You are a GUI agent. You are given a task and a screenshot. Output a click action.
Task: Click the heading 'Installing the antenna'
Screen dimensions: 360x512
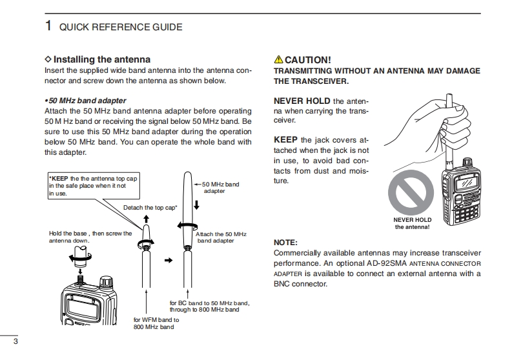[x=102, y=59]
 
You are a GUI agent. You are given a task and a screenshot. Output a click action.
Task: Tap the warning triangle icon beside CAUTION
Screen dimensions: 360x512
[x=278, y=60]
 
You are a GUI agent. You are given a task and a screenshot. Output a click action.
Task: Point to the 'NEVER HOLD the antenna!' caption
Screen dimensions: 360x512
[x=412, y=223]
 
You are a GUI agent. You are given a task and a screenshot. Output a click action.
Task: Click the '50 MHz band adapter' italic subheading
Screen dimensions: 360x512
[x=87, y=101]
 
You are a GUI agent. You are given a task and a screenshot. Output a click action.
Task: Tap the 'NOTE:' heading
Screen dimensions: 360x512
[x=286, y=243]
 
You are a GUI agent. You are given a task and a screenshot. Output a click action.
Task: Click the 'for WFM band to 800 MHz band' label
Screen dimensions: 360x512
[x=156, y=323]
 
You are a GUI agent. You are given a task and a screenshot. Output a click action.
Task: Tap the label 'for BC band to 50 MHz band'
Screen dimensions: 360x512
[x=209, y=306]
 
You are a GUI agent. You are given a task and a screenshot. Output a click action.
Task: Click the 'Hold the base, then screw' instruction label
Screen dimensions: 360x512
[x=89, y=237]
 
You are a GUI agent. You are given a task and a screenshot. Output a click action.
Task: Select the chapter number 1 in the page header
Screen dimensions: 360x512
[x=48, y=26]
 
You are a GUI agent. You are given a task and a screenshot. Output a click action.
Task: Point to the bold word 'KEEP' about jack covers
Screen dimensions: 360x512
[x=285, y=139]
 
